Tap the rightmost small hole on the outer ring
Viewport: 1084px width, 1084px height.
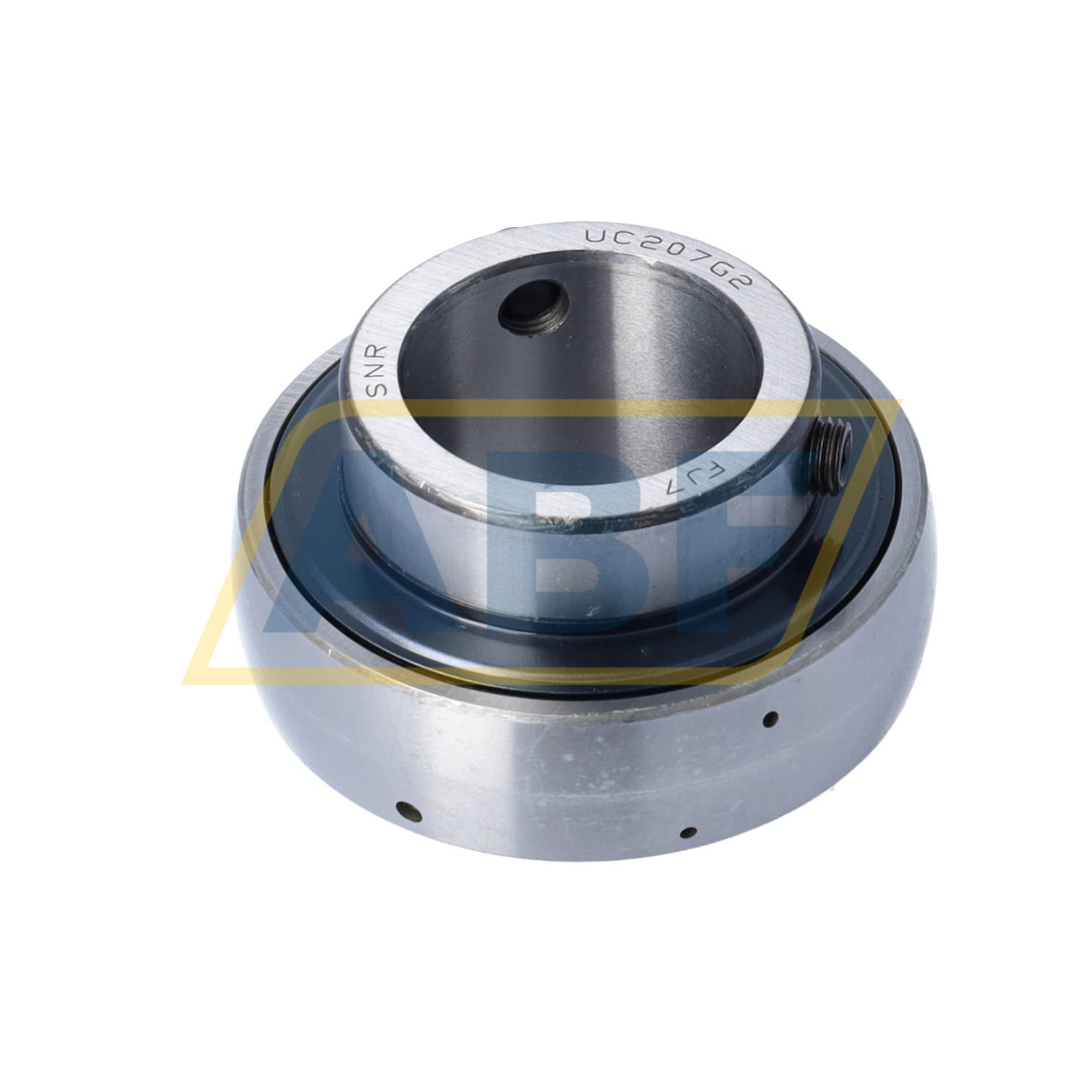click(x=771, y=718)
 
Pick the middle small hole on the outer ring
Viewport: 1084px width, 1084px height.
click(x=689, y=833)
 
